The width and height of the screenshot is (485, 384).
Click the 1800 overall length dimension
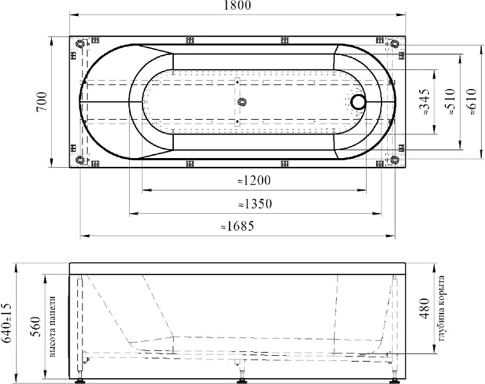(237, 5)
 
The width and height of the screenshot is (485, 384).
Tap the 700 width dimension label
(42, 102)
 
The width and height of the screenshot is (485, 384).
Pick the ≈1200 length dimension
(254, 180)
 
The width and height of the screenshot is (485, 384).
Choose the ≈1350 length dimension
(255, 204)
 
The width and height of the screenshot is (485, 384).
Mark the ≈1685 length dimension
(238, 227)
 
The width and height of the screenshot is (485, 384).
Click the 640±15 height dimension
(6, 323)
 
